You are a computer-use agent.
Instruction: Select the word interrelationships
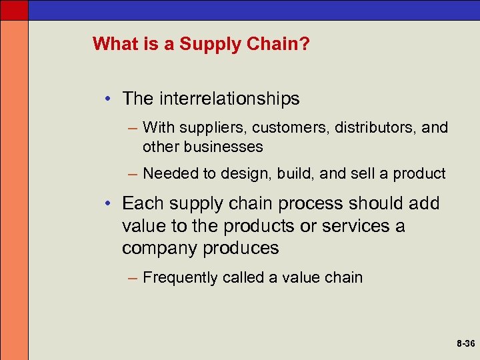pyautogui.click(x=229, y=99)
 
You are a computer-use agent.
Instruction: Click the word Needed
pyautogui.click(x=170, y=174)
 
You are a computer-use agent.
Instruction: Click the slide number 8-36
pyautogui.click(x=466, y=344)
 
